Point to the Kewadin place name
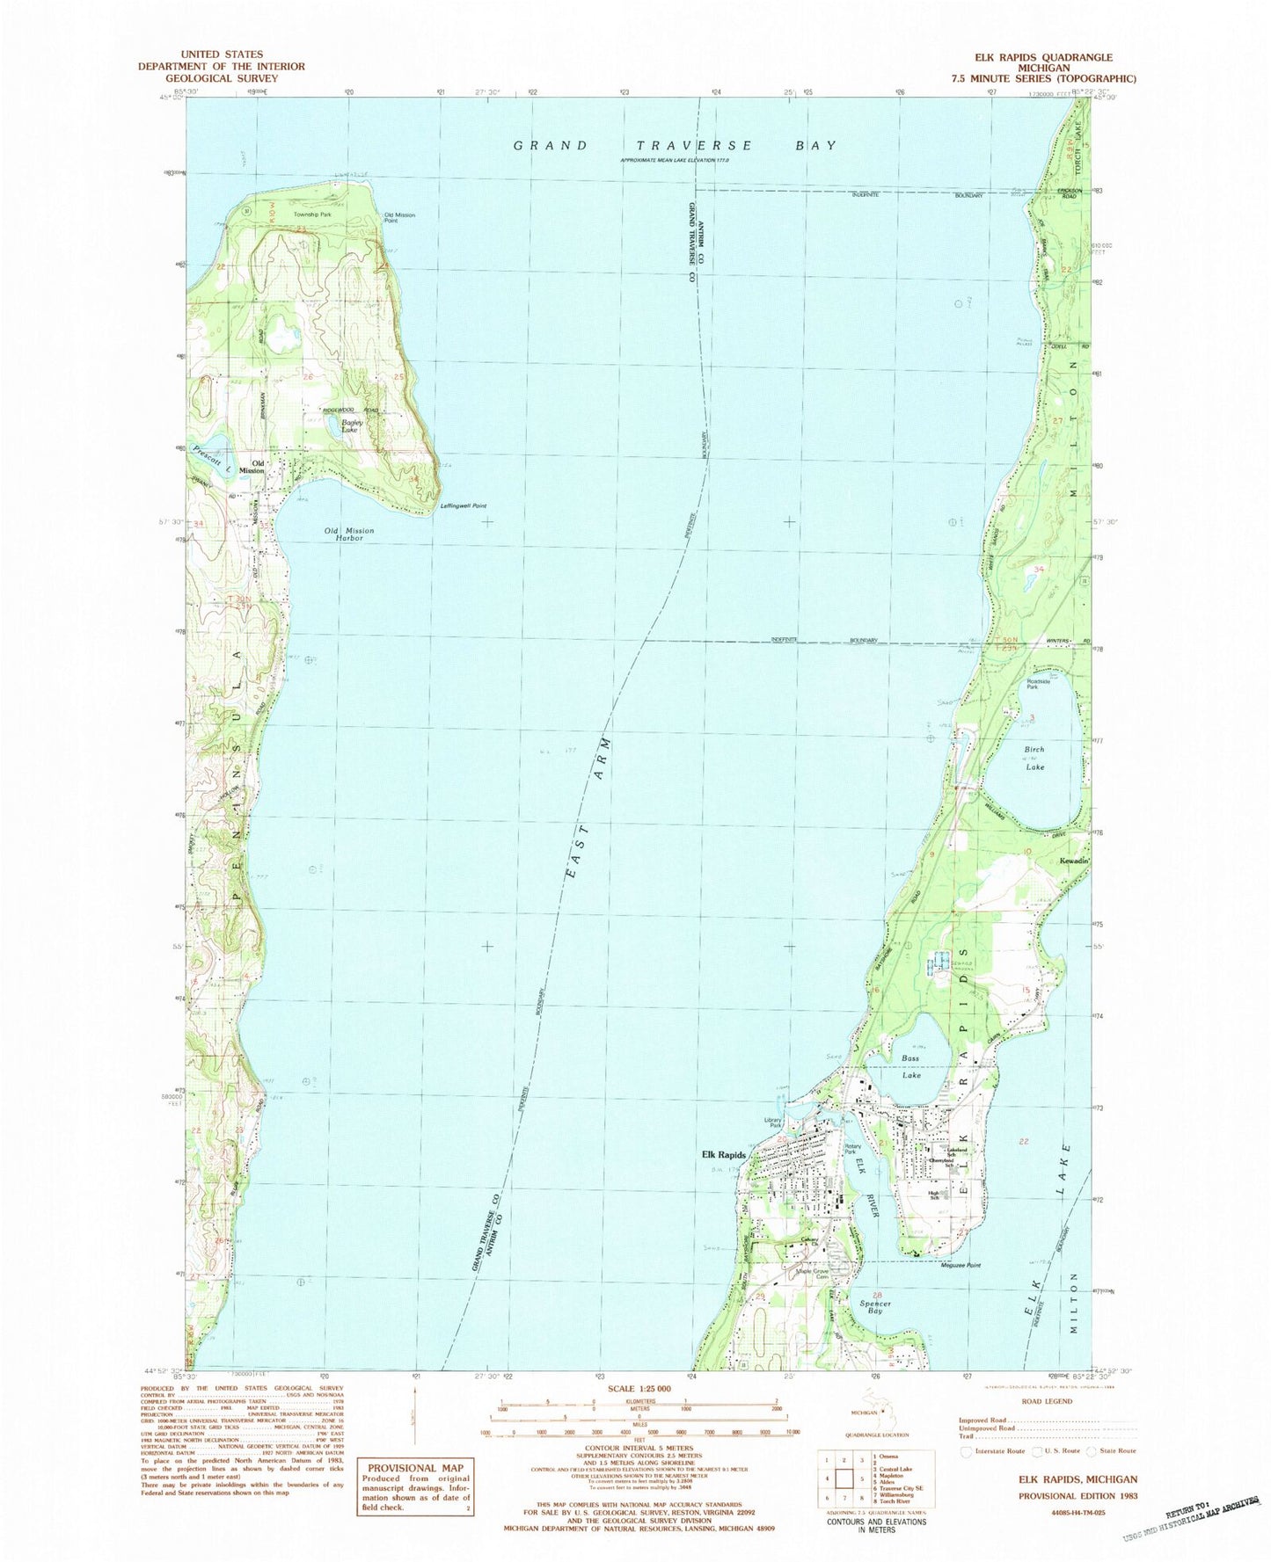tap(1074, 861)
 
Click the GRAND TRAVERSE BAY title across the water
tap(674, 145)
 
